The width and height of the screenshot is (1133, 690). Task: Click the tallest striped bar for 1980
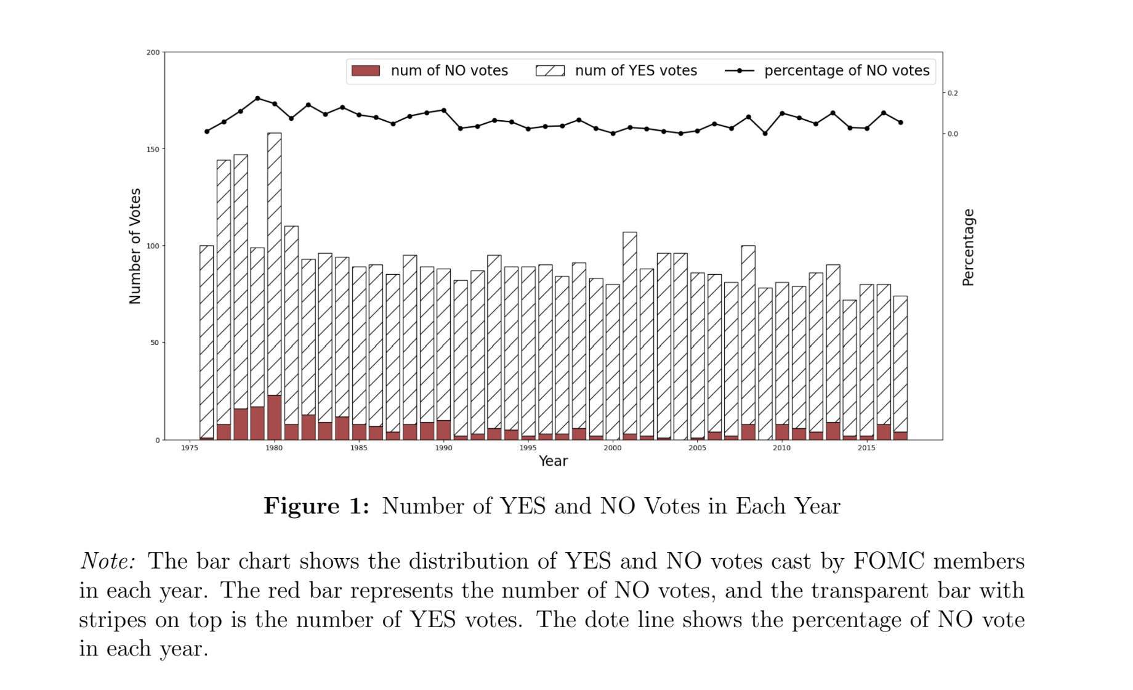click(274, 259)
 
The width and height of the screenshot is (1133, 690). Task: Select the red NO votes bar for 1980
click(274, 418)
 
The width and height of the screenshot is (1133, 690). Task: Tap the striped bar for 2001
click(629, 333)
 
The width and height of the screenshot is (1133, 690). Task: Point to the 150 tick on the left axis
click(153, 149)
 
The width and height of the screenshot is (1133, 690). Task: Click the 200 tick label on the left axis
click(153, 52)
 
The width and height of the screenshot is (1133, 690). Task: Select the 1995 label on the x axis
click(528, 448)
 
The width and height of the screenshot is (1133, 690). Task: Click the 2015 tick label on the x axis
click(866, 448)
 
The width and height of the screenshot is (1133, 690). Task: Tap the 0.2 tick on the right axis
click(952, 93)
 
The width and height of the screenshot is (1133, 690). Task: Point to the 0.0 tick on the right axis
click(952, 134)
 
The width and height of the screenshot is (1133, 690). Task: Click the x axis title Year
click(553, 461)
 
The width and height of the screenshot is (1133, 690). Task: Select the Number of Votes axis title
click(135, 246)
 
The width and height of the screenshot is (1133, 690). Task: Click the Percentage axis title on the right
click(968, 247)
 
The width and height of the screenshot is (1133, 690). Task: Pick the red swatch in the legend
click(365, 71)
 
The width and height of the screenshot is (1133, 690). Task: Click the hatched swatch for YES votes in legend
click(550, 71)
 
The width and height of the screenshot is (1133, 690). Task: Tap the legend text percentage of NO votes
click(847, 71)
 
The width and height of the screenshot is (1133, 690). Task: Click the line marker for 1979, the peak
click(257, 98)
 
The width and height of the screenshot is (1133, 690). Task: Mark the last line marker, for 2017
click(900, 123)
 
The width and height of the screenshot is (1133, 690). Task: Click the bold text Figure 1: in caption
click(317, 506)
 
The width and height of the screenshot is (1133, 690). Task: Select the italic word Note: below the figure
click(108, 561)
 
